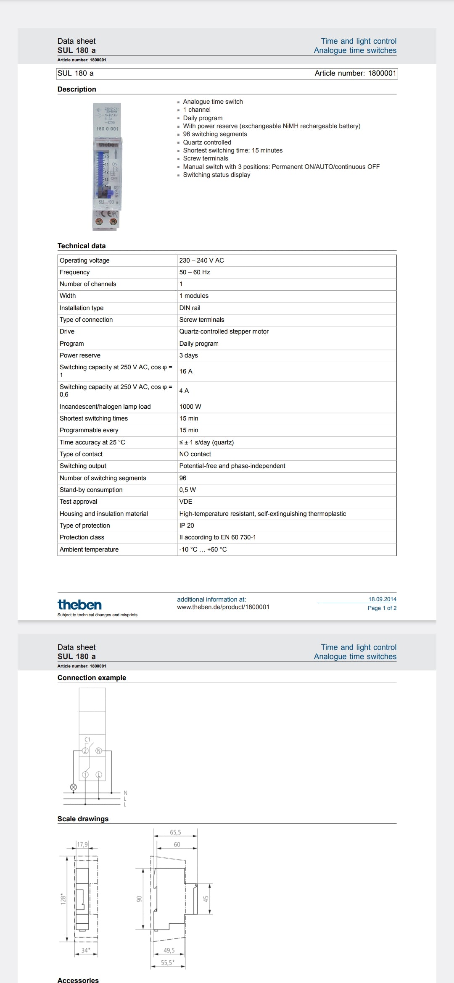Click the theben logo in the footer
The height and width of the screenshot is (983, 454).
(79, 605)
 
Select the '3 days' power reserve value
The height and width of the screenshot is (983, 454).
(188, 355)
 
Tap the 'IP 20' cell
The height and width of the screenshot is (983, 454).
(187, 526)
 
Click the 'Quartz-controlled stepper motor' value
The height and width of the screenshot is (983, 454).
(224, 331)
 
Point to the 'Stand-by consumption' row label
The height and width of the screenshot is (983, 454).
(91, 490)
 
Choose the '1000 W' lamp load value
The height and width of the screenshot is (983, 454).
(190, 407)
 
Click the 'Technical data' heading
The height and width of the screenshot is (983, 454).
(82, 246)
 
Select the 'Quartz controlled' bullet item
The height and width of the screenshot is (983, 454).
(207, 142)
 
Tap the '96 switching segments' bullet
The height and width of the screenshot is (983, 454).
(215, 134)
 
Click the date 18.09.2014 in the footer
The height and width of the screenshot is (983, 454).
(382, 599)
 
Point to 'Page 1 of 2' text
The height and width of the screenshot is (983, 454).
(382, 608)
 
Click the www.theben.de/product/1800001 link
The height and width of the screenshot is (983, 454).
(223, 607)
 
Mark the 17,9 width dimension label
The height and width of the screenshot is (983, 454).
(82, 844)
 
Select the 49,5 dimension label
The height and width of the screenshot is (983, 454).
(169, 950)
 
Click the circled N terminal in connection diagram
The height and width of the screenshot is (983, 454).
(99, 751)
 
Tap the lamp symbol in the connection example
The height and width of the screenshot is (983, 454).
(73, 787)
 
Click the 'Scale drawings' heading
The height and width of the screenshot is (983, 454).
(83, 819)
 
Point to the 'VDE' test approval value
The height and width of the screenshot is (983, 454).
(186, 502)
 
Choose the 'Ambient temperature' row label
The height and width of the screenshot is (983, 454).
(89, 549)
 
